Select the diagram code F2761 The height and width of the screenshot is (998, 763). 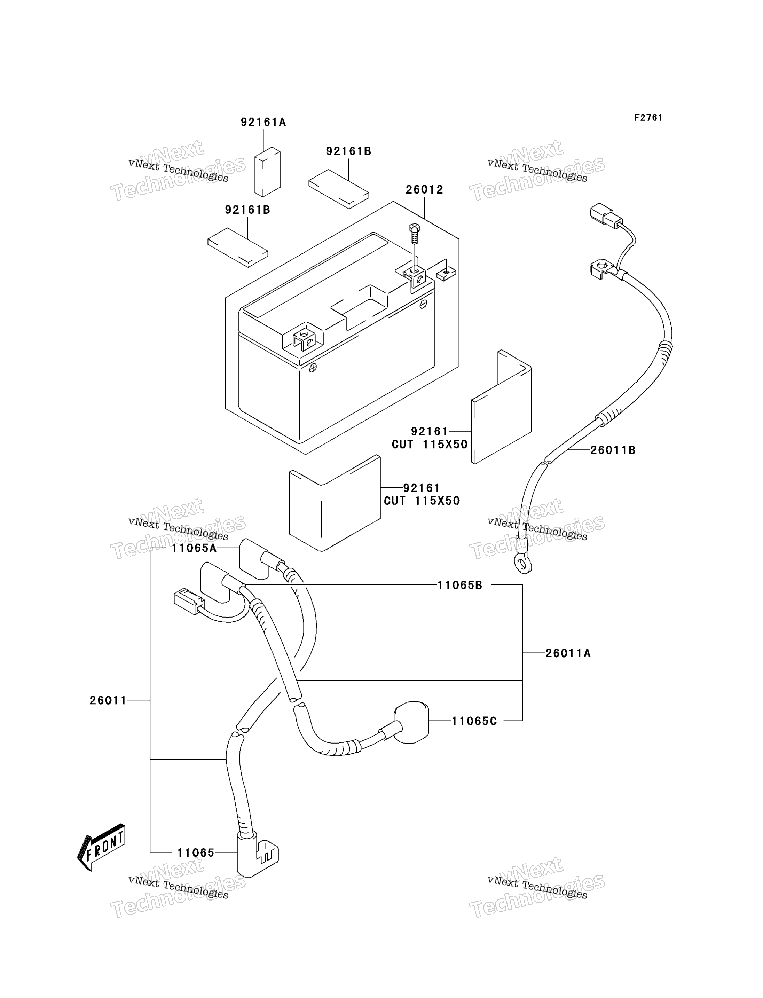[x=648, y=118]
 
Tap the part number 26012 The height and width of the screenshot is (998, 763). [x=424, y=189]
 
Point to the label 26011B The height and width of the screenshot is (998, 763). [x=613, y=450]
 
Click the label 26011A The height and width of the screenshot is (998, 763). [x=568, y=653]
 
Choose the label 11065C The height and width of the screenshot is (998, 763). [x=474, y=721]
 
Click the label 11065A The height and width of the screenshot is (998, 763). [x=194, y=548]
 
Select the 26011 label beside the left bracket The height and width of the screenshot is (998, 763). [x=108, y=700]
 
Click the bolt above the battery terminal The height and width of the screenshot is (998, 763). [x=414, y=234]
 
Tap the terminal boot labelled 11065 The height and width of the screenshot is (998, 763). [x=257, y=855]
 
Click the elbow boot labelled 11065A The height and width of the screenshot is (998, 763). [x=254, y=559]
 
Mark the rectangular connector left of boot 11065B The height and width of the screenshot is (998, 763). [x=189, y=602]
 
